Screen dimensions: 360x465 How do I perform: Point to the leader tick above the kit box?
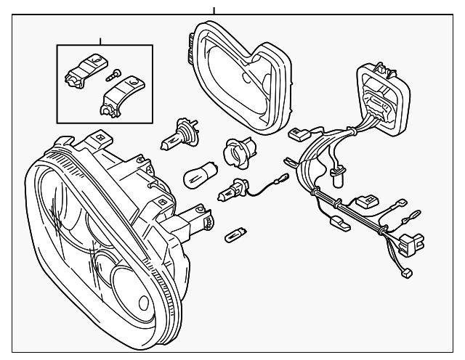100,40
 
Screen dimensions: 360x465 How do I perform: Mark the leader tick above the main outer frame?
214,11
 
